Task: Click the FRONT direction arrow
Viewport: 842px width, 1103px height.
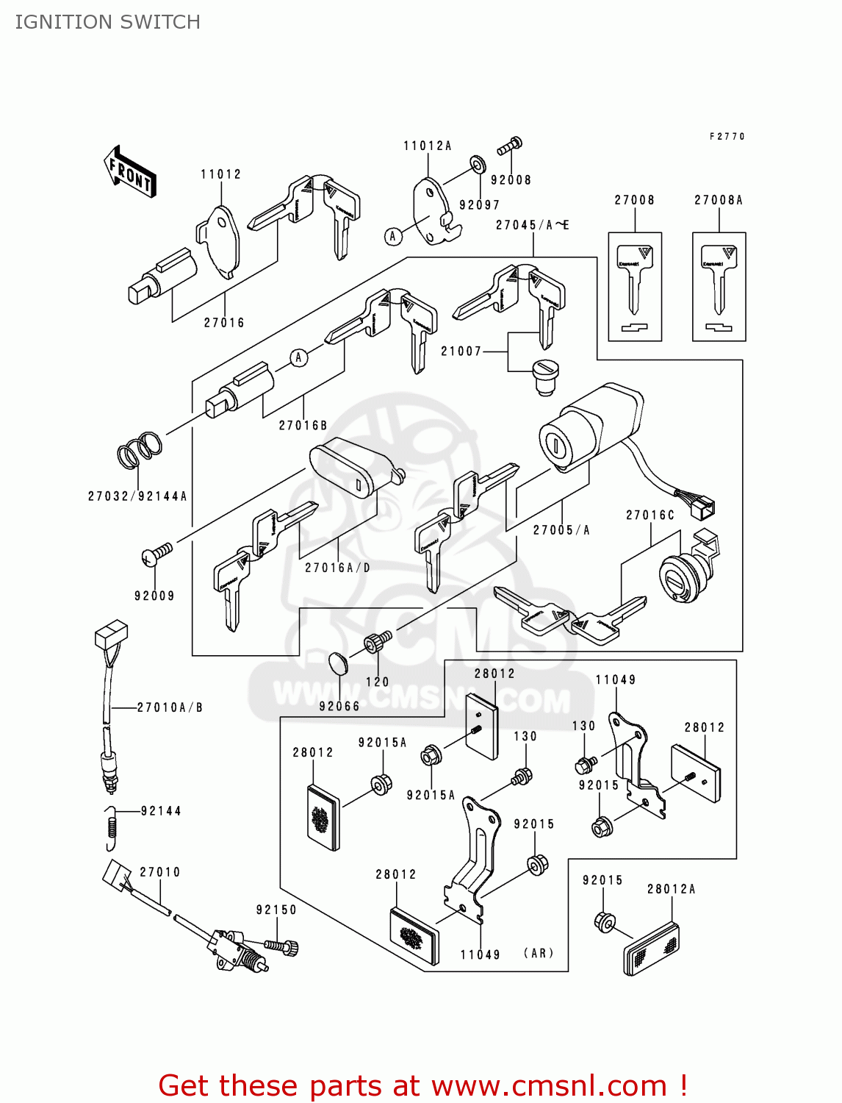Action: [x=131, y=172]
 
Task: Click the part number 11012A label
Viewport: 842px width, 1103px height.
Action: [x=427, y=146]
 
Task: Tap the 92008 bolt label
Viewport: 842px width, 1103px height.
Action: [x=511, y=180]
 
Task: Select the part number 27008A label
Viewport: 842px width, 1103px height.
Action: [x=718, y=200]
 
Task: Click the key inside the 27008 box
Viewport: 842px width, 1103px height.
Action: [x=635, y=279]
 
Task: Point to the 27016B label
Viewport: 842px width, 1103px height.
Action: [x=303, y=426]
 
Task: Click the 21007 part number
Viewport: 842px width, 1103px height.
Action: [x=461, y=351]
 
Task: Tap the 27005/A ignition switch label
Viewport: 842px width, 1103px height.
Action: [x=561, y=530]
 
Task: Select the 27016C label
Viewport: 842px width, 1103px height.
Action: [x=650, y=515]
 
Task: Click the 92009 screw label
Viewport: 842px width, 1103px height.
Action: [x=154, y=596]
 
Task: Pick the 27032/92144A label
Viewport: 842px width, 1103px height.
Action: [x=137, y=496]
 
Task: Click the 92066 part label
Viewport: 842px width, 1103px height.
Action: [x=339, y=707]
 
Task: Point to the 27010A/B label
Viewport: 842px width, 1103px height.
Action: [x=170, y=707]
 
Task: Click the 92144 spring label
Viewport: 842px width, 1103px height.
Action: [x=161, y=811]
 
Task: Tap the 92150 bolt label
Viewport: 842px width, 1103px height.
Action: [x=276, y=910]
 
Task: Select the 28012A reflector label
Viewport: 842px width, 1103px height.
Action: [x=671, y=889]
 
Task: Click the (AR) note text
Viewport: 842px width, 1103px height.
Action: [x=539, y=953]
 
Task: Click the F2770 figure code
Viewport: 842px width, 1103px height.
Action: [x=727, y=137]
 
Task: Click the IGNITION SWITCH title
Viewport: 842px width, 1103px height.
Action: [x=108, y=22]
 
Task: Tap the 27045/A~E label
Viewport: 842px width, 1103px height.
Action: [x=532, y=226]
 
